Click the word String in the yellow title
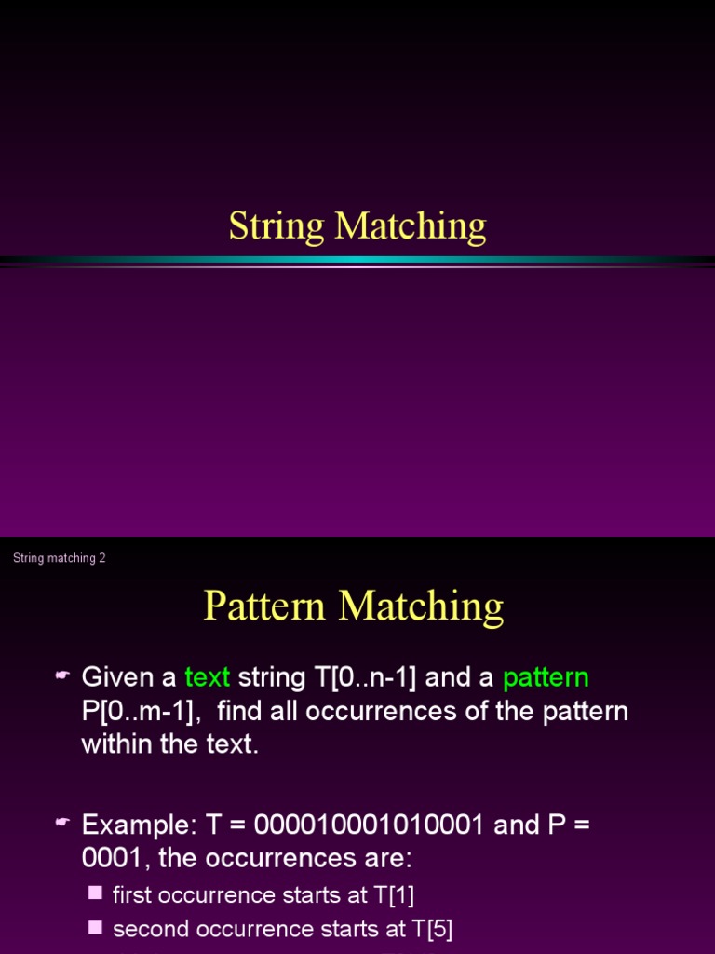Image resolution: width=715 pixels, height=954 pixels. (x=277, y=226)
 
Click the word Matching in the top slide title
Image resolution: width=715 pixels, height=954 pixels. (x=411, y=226)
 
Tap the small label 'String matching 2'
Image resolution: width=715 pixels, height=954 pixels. (x=60, y=558)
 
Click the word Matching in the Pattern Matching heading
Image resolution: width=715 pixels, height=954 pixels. (x=421, y=606)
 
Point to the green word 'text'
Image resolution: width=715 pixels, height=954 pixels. (x=207, y=677)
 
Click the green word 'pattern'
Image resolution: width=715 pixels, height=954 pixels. (x=546, y=677)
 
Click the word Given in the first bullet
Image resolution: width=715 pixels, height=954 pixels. (x=118, y=677)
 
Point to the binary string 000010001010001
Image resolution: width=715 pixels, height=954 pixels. (x=370, y=825)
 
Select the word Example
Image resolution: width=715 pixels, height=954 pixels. (x=134, y=825)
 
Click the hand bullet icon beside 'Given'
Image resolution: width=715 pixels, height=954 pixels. (x=63, y=675)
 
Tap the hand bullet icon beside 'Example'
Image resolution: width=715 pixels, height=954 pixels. (x=63, y=823)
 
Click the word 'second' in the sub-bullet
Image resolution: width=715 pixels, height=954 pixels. (x=145, y=929)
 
